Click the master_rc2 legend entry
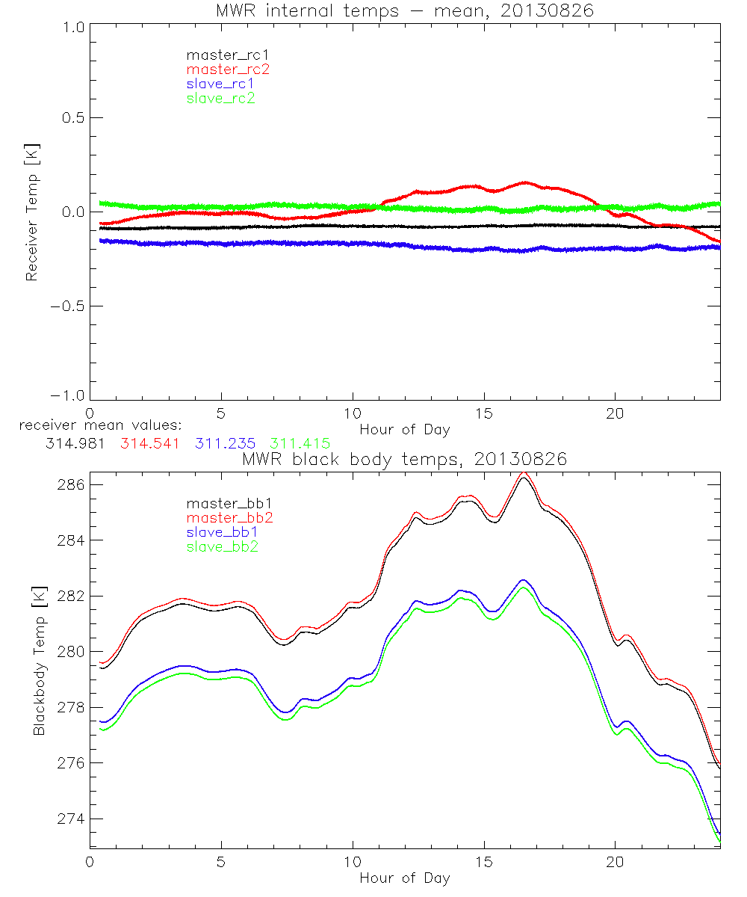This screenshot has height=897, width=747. pos(228,70)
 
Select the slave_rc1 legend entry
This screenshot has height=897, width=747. pos(221,84)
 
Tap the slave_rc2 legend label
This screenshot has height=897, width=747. pos(221,98)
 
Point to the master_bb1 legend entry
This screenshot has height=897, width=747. pos(225,504)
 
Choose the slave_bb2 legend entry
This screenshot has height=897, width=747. pos(222,547)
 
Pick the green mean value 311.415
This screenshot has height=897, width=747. pos(300,443)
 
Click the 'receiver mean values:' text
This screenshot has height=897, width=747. pos(95,426)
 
